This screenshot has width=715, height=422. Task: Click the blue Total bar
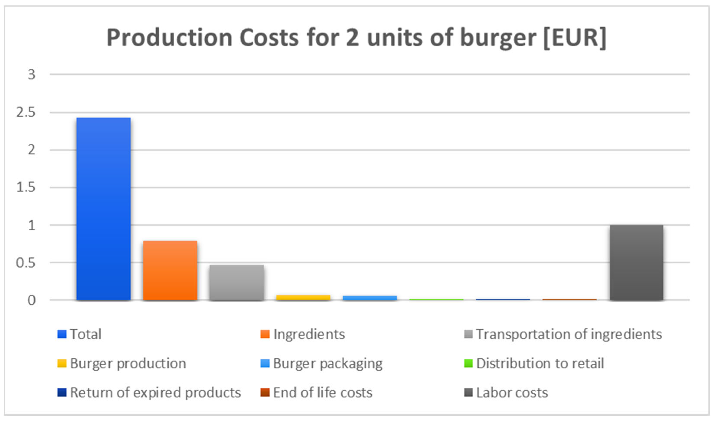click(x=103, y=209)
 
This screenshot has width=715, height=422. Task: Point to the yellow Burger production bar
click(x=303, y=297)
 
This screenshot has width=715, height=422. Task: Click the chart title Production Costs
click(x=356, y=38)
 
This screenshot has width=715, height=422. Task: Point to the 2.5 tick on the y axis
click(x=26, y=113)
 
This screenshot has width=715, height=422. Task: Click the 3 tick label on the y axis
click(x=31, y=75)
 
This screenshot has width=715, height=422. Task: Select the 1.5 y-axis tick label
click(x=26, y=187)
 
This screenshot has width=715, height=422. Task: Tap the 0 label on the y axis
click(x=31, y=300)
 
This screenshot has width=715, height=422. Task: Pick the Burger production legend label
click(x=128, y=363)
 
